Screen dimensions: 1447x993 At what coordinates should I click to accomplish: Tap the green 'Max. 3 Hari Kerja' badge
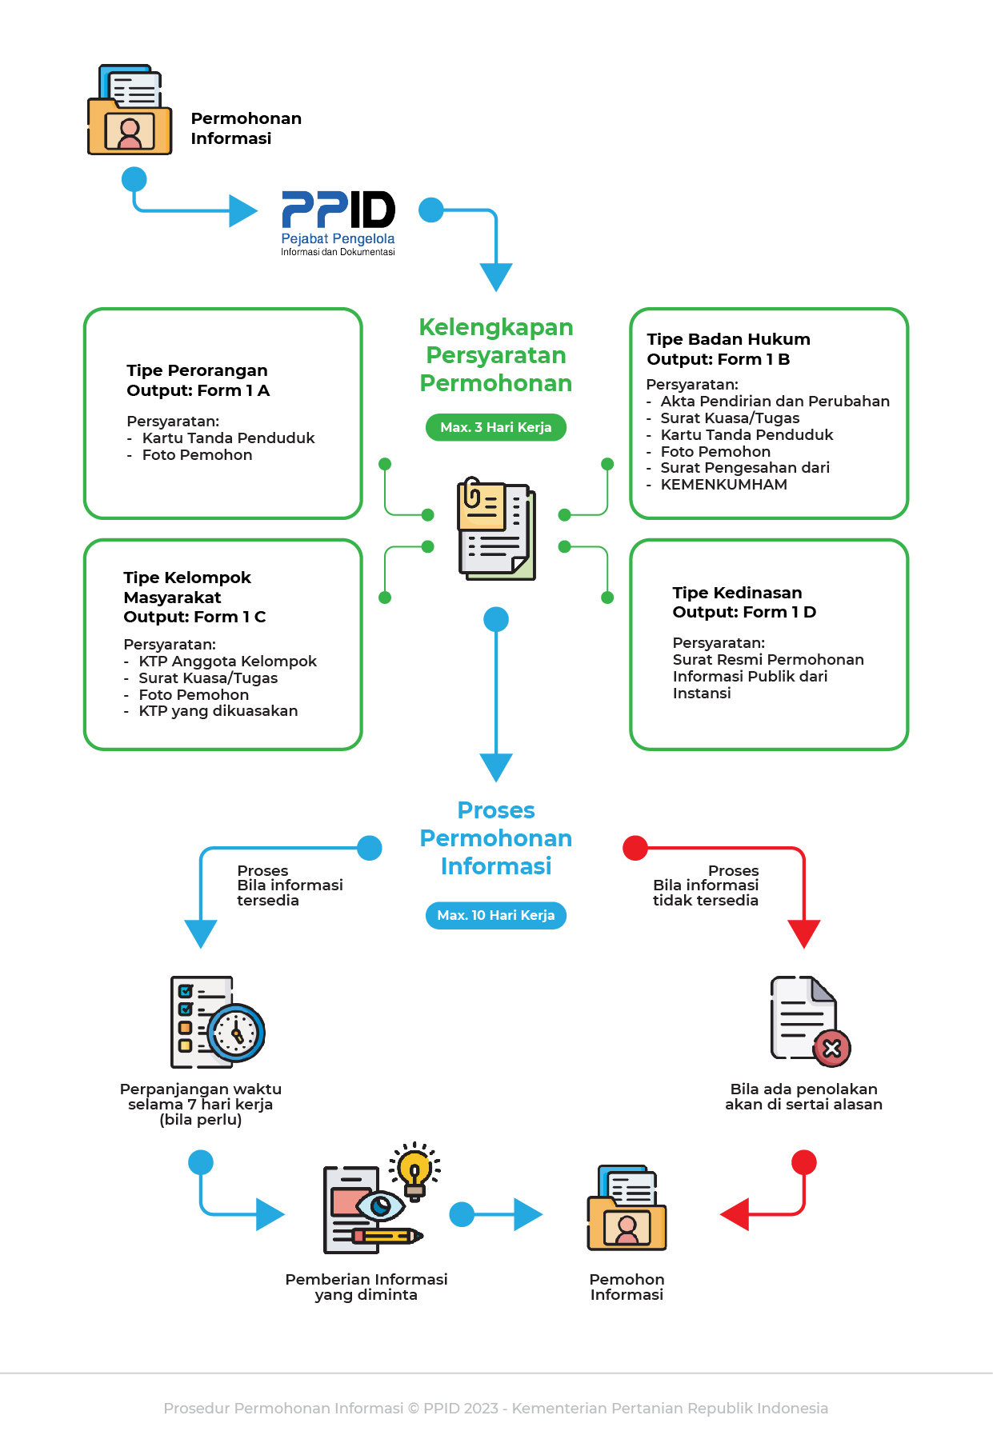495,427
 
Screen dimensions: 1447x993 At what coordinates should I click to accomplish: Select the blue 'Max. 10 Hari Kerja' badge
495,915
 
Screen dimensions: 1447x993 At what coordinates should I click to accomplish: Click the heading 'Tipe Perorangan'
197,370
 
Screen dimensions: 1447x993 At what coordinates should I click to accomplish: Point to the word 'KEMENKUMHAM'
723,485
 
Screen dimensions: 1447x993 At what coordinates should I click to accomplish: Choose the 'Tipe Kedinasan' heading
737,593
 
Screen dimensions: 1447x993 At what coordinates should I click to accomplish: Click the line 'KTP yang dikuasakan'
218,711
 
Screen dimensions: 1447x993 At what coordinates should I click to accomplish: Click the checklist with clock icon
217,1021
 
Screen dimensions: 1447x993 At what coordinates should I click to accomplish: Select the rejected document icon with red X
809,1021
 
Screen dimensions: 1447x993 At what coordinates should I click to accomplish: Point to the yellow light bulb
414,1170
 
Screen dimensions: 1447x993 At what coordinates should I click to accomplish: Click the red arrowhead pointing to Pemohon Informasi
735,1214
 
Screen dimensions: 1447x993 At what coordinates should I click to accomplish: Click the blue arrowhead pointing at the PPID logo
242,211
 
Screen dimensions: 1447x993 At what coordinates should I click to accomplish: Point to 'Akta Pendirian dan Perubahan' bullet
775,402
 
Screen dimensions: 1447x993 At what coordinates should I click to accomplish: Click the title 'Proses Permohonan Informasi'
496,838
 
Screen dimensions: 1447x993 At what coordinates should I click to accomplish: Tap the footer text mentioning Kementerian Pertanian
495,1408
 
